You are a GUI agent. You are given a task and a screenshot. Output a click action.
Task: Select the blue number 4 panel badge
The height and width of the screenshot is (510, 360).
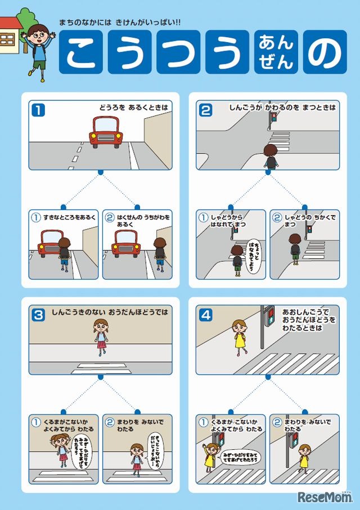tap(205, 315)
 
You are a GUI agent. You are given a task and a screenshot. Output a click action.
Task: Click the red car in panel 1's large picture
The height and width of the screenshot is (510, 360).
tap(106, 132)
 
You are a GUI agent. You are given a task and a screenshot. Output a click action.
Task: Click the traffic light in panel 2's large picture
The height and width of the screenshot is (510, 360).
tap(274, 118)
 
